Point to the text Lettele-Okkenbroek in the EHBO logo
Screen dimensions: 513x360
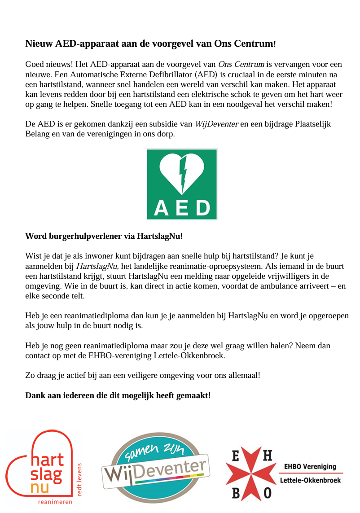[x=310, y=480]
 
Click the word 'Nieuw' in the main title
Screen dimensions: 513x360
[x=39, y=44]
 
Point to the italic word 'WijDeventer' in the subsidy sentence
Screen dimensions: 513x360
[x=217, y=124]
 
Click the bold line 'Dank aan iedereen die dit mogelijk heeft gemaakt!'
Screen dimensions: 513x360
[x=118, y=396]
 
